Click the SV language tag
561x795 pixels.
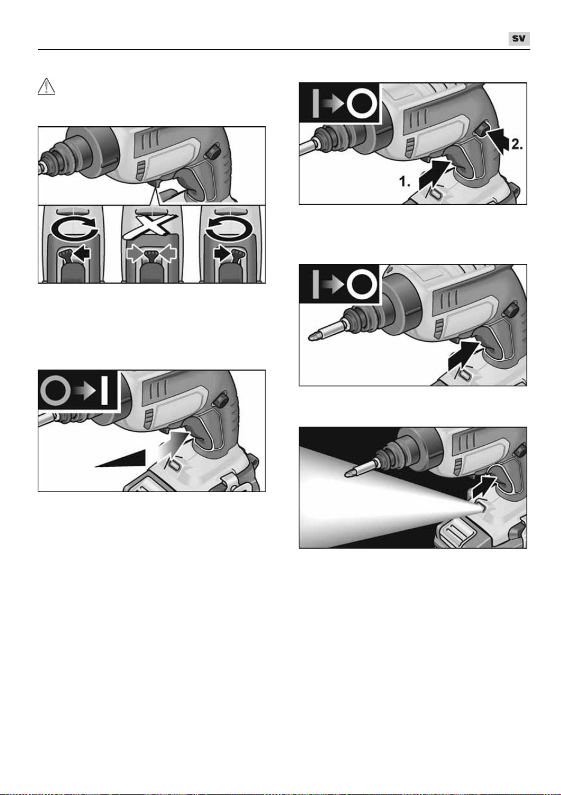click(518, 38)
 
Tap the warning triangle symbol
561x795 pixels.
click(46, 87)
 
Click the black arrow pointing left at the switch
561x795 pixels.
click(81, 254)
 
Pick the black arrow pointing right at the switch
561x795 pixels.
click(222, 254)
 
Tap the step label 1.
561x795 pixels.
click(405, 181)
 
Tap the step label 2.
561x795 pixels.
click(517, 144)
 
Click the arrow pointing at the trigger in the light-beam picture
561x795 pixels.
click(484, 488)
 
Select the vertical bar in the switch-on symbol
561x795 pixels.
click(105, 391)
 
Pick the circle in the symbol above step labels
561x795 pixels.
click(362, 103)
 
